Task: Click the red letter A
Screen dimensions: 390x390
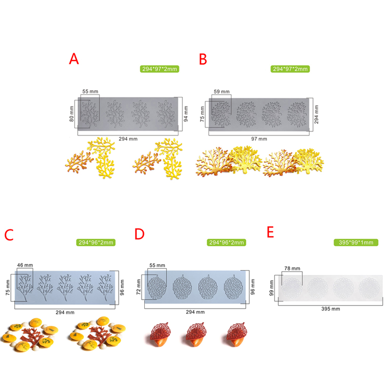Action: point(74,59)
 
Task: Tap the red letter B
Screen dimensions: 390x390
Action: point(203,59)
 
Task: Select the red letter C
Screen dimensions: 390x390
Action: point(9,235)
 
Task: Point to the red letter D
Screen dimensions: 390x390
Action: point(139,234)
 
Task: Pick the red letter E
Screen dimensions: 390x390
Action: point(271,232)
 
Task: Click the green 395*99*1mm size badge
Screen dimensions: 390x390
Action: point(356,242)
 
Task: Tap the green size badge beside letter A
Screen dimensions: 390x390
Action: point(159,69)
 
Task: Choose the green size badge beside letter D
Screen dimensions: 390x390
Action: point(226,242)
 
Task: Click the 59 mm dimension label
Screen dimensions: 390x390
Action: point(222,92)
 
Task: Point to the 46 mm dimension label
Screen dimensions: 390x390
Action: point(25,265)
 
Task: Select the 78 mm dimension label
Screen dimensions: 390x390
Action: point(292,269)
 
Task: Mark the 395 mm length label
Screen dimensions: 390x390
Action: point(331,309)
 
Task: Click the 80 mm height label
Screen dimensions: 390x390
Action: point(72,114)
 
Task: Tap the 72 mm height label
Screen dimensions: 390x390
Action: point(138,287)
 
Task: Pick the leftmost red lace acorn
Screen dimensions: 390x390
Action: point(161,334)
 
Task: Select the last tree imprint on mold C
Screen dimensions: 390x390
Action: point(105,287)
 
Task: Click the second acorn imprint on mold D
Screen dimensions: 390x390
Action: point(182,287)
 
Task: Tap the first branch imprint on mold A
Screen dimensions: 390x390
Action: point(90,114)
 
